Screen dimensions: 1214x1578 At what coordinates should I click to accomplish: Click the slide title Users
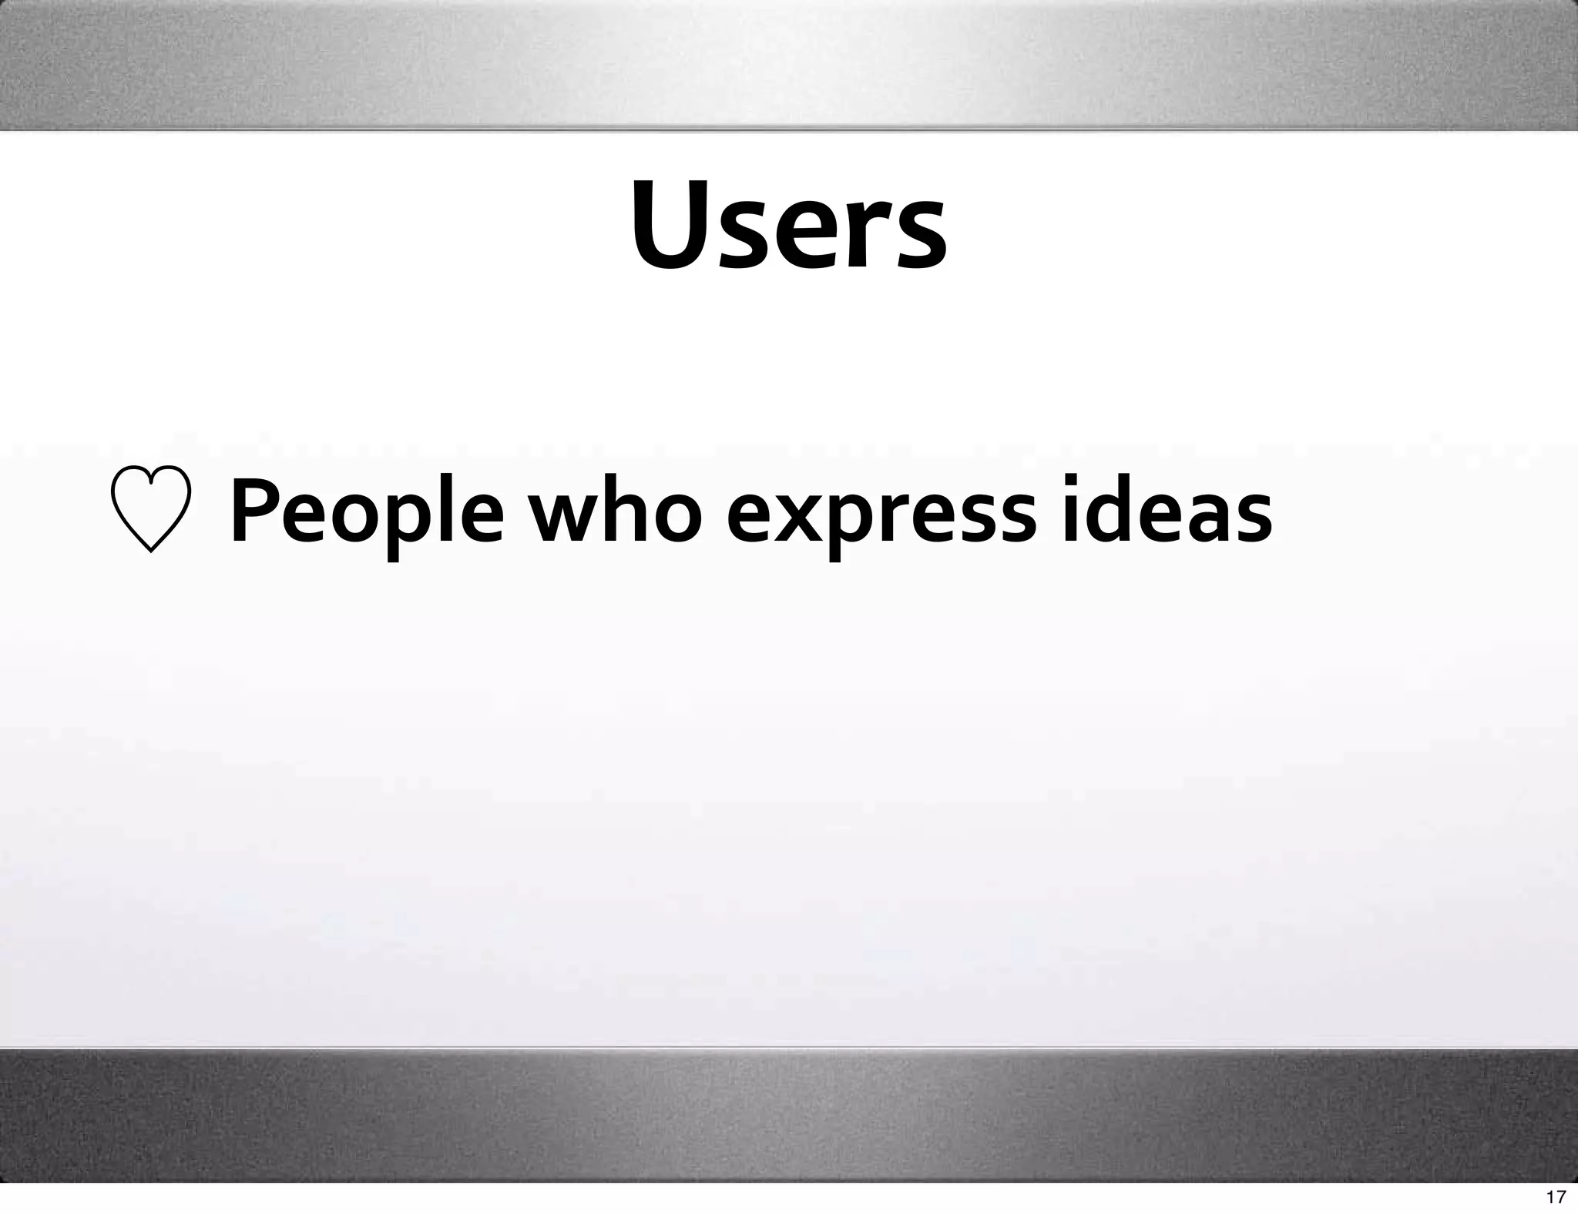click(789, 226)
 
